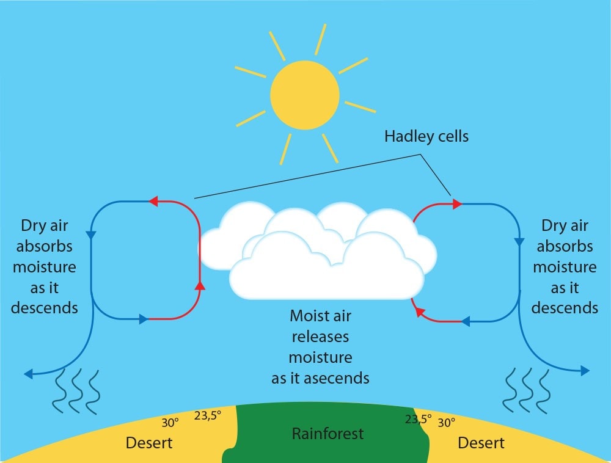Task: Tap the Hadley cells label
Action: coord(426,136)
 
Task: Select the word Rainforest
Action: coord(327,434)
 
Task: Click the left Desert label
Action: coord(149,442)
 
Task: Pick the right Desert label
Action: coord(481,442)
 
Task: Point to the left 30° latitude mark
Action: coord(170,423)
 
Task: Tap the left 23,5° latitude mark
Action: coord(208,415)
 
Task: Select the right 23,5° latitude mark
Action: coord(417,420)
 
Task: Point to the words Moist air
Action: coord(320,316)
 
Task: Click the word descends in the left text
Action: coord(45,307)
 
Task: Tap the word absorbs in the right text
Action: coord(565,246)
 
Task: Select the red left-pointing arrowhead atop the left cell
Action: coord(153,200)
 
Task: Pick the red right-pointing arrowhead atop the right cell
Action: coord(456,204)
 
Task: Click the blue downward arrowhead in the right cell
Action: coord(519,241)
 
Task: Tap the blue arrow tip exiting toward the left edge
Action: coord(28,373)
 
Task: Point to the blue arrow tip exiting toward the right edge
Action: coord(585,370)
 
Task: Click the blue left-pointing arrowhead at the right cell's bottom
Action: coord(464,321)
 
